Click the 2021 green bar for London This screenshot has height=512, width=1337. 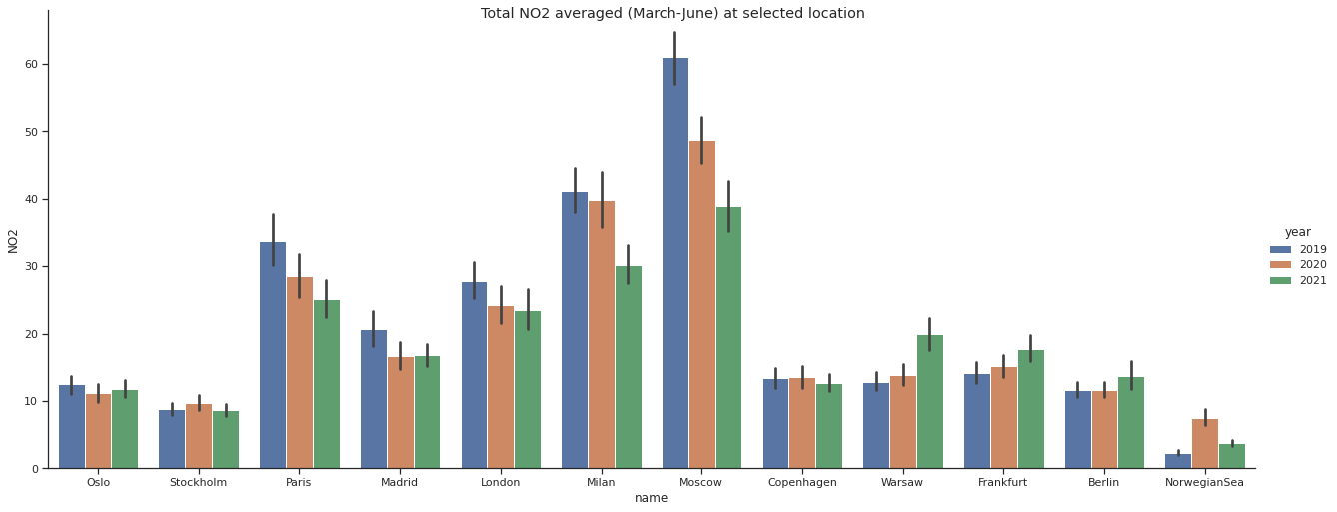click(528, 389)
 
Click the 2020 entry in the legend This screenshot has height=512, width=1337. click(1298, 265)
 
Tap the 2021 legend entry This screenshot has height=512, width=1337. click(1298, 281)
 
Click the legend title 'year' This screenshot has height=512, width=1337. click(1298, 232)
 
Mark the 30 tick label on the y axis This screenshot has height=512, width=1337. click(32, 267)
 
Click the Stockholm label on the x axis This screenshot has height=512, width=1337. click(199, 482)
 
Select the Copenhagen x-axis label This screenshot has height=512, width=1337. click(802, 482)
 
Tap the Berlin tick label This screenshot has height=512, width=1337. click(1104, 482)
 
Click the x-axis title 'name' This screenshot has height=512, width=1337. click(651, 498)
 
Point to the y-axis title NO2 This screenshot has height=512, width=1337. click(13, 240)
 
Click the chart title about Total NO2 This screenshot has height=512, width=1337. click(672, 14)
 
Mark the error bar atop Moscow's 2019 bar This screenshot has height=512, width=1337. click(674, 58)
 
